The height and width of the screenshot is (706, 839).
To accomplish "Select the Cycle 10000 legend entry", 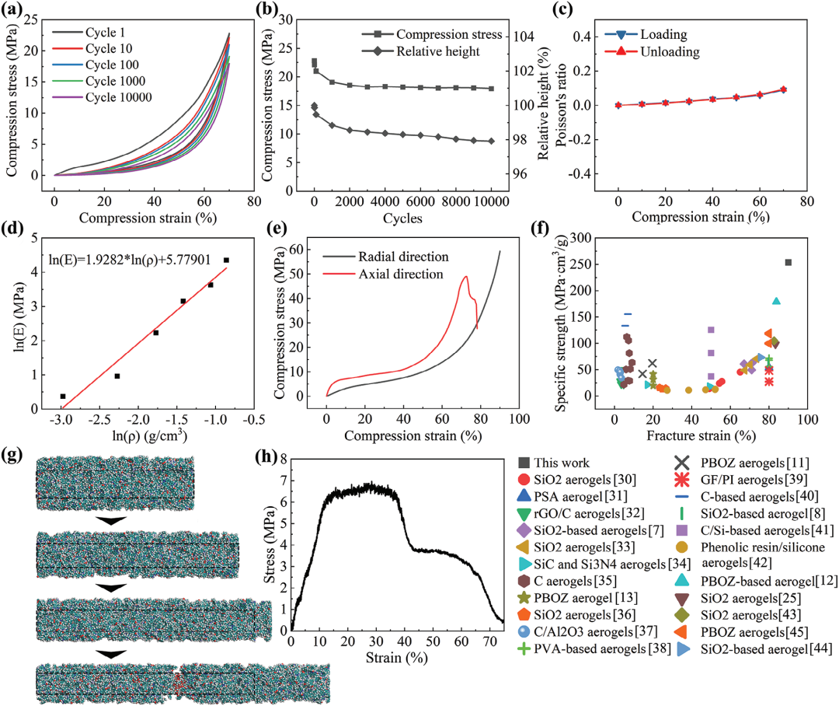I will tap(117, 97).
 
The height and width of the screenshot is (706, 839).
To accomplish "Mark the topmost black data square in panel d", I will tap(226, 260).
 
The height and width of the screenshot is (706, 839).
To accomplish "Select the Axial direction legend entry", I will tap(405, 274).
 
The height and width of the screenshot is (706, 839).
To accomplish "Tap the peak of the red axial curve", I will tap(465, 277).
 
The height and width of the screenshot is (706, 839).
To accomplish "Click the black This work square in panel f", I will tap(789, 263).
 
